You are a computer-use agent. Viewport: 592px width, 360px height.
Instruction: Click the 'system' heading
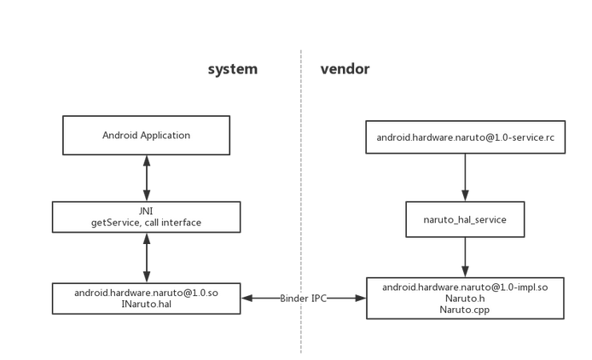point(232,69)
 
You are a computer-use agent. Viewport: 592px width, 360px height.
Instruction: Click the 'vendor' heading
point(345,69)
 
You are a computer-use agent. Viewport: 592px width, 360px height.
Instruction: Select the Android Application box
point(146,136)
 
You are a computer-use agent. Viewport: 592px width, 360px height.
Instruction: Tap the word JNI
point(146,211)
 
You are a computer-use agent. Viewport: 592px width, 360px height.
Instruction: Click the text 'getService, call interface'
point(146,223)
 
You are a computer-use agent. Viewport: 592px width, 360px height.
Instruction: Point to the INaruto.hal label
point(146,305)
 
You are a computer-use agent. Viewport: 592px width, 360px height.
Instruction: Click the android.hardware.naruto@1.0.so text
point(146,293)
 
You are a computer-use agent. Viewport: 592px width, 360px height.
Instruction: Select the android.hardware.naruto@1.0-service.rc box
point(465,136)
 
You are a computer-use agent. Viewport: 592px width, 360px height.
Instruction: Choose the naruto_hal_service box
point(465,219)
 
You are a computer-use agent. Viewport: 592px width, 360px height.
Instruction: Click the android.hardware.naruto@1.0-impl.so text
point(465,287)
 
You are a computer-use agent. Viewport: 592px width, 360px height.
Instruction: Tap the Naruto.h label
point(465,299)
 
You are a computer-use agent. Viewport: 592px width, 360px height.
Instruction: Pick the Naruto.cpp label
point(465,310)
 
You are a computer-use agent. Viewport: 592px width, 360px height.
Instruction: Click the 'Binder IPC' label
point(303,298)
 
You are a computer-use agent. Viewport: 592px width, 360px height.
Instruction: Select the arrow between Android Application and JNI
point(147,178)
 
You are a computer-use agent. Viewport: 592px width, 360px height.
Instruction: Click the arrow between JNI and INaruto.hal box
point(147,258)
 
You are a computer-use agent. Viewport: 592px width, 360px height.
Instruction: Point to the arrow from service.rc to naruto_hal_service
point(465,177)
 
